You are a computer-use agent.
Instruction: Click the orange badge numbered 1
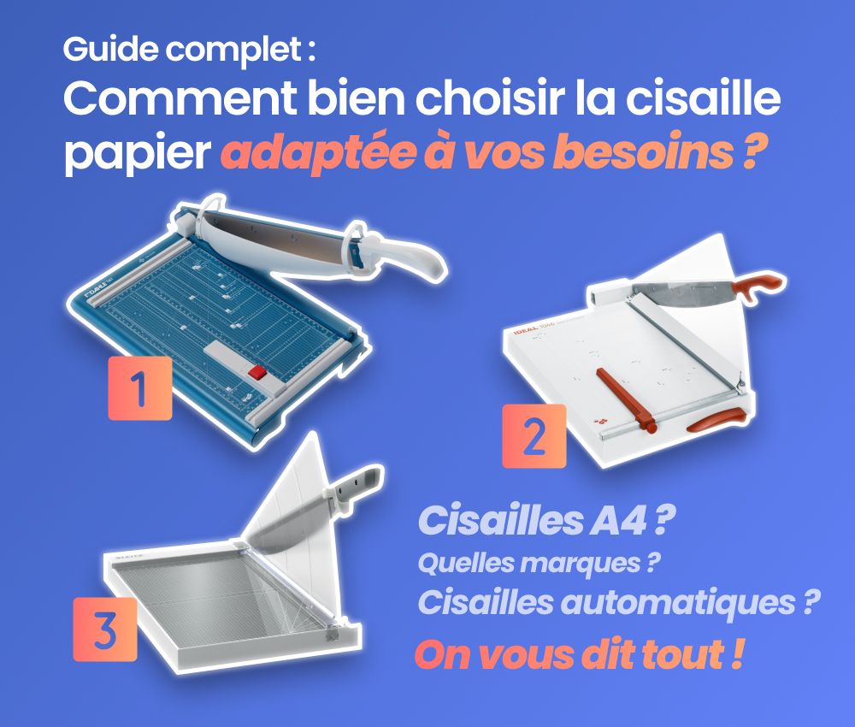coord(139,389)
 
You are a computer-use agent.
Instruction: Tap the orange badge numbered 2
coord(534,436)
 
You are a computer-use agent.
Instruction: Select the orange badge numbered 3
coord(105,629)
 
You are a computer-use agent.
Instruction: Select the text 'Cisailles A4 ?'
coord(541,522)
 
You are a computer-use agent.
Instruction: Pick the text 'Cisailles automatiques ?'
coord(614,602)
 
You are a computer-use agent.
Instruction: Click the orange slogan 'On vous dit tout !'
coord(577,654)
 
